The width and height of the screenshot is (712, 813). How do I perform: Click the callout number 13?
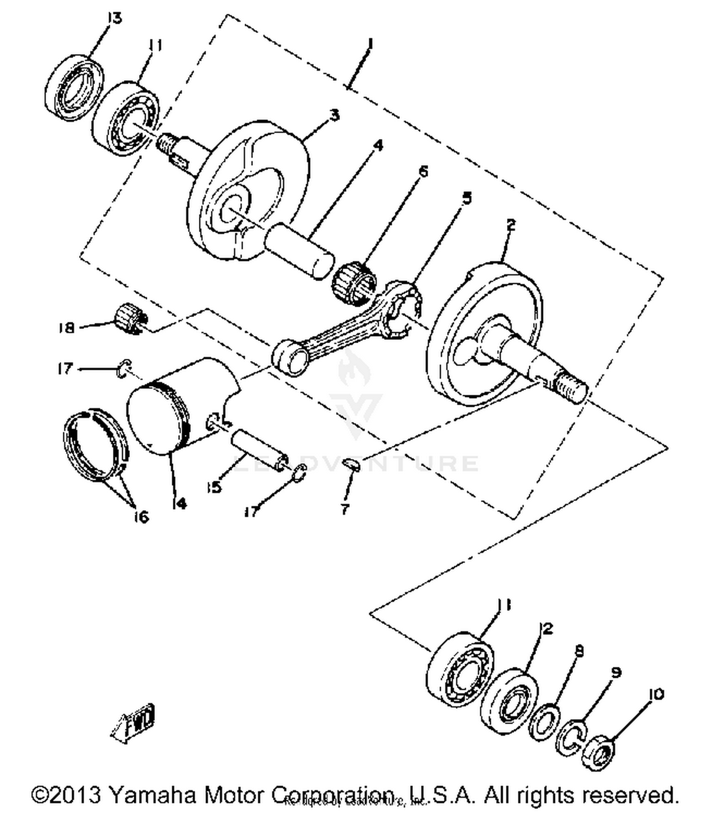coord(114,18)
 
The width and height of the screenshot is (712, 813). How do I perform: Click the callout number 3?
coord(335,115)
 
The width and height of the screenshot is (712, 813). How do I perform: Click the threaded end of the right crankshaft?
coord(571,388)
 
